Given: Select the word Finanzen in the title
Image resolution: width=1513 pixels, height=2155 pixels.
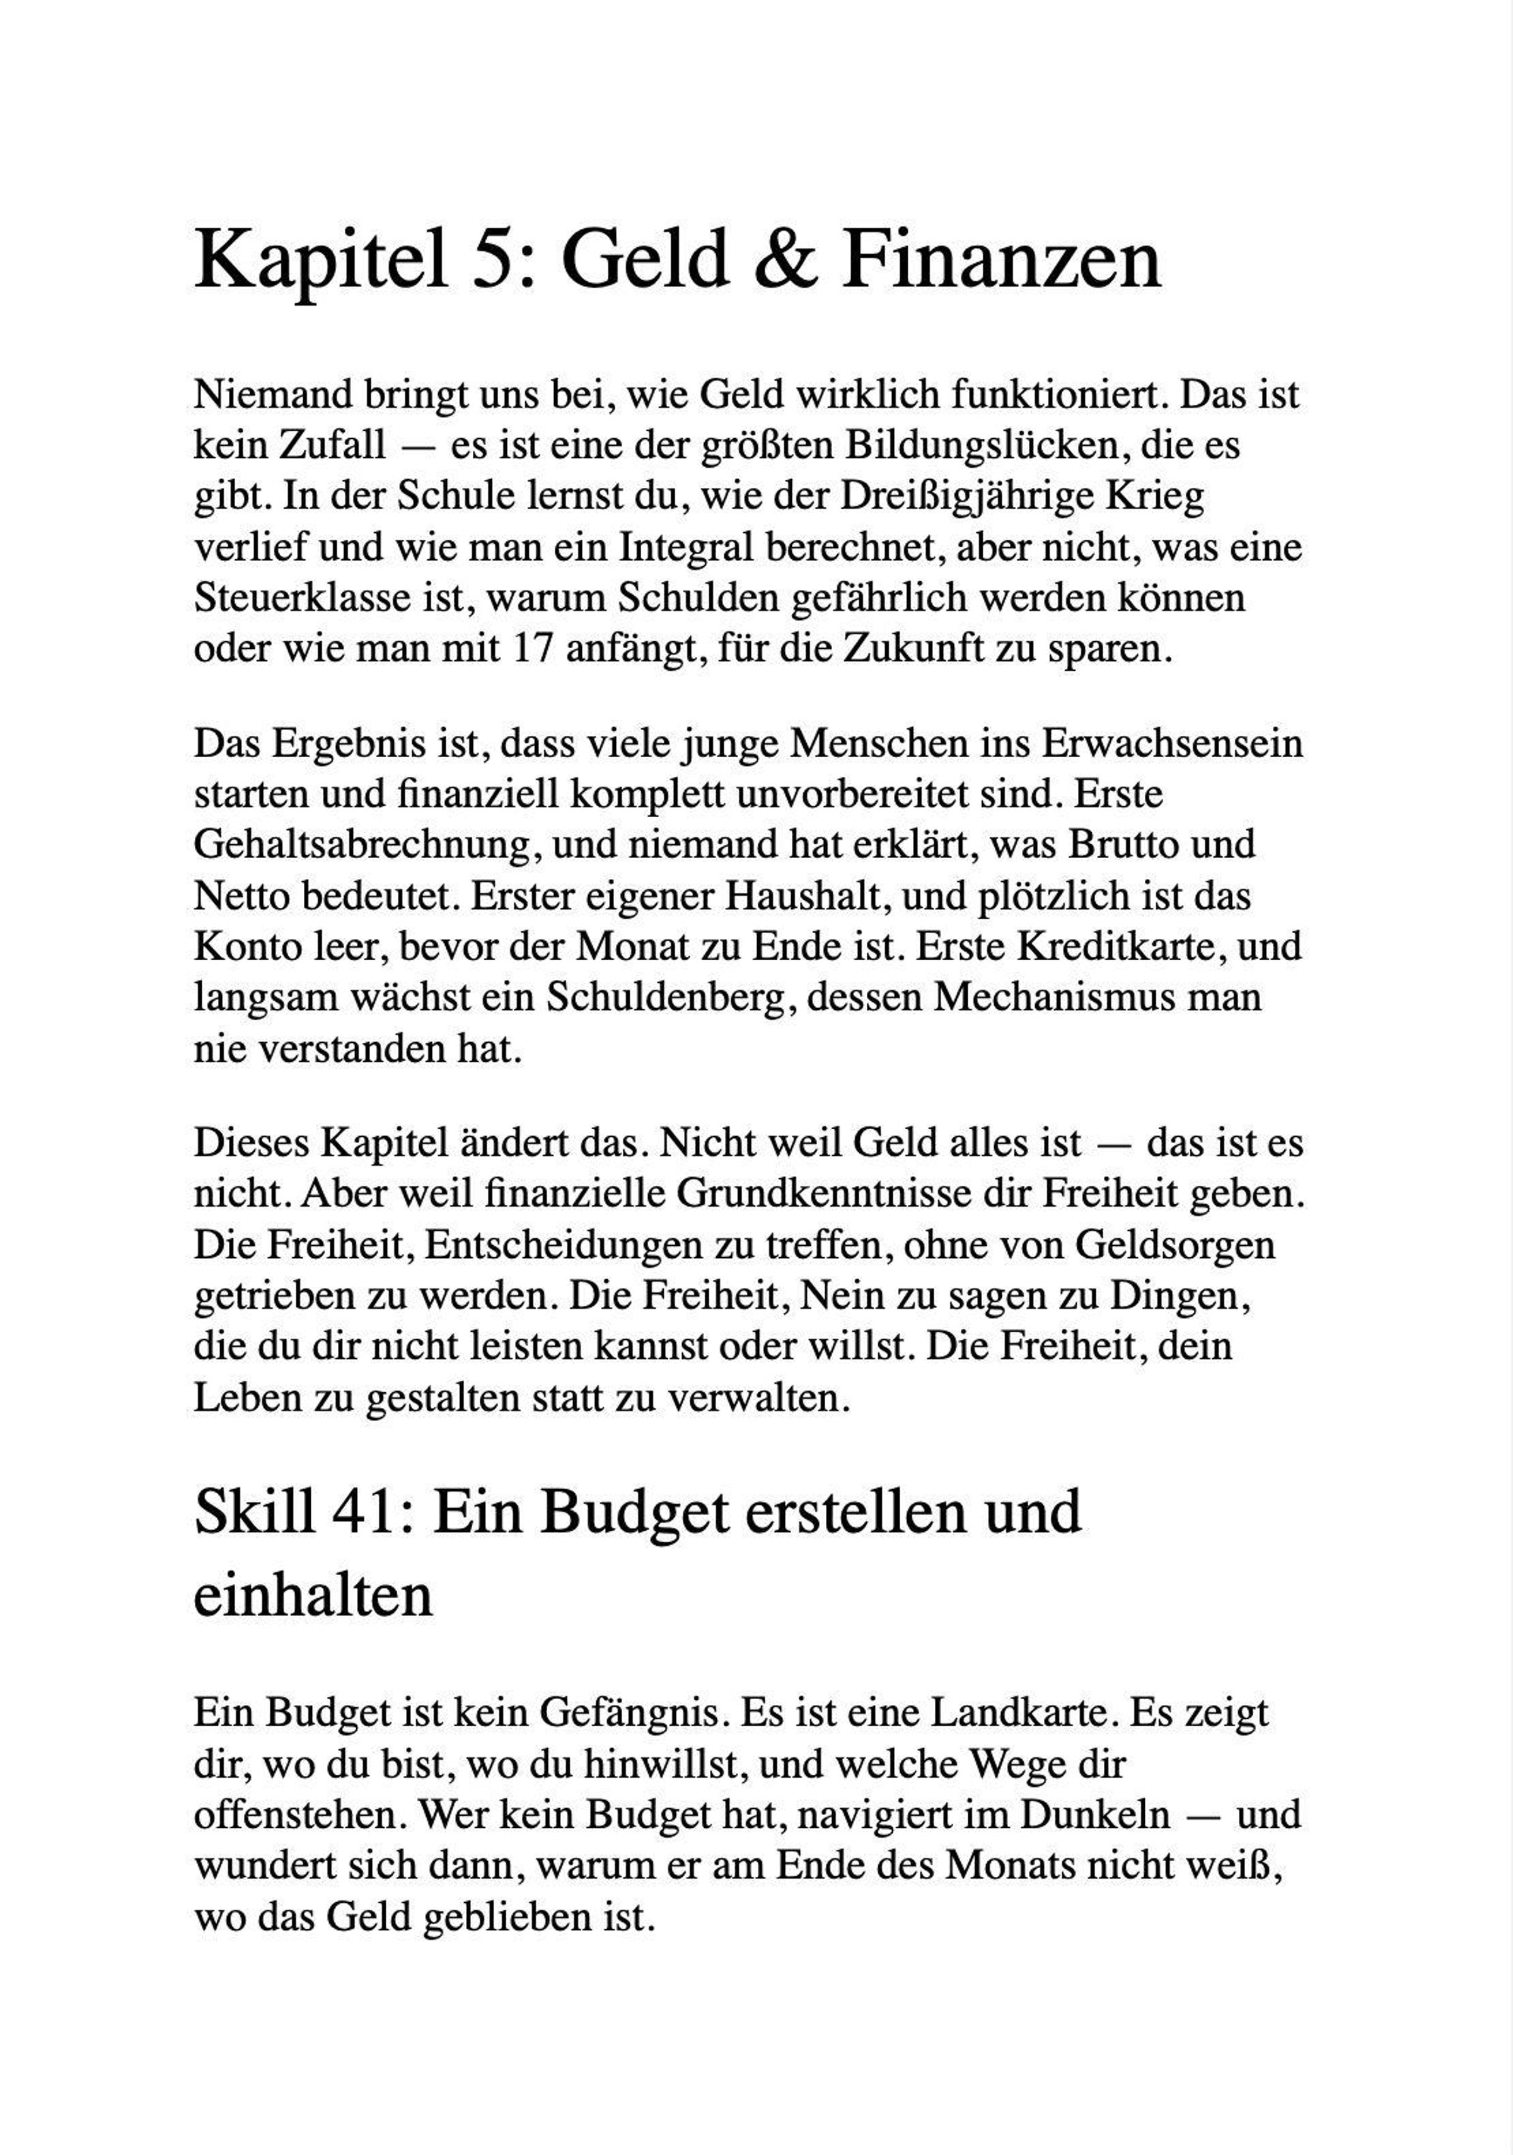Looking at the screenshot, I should coord(1002,260).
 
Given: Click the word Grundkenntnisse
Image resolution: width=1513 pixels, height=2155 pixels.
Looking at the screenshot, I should coord(829,1195).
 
